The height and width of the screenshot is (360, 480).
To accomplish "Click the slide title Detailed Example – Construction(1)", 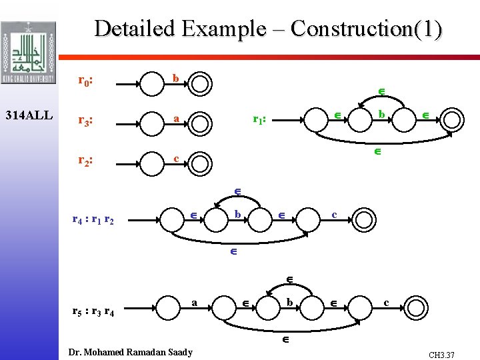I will pyautogui.click(x=268, y=29).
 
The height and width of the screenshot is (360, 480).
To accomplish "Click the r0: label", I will pyautogui.click(x=85, y=81).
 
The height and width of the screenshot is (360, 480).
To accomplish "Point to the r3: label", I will pyautogui.click(x=85, y=121).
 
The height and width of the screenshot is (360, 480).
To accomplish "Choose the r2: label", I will pyautogui.click(x=85, y=160).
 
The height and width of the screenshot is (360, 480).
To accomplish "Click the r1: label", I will pyautogui.click(x=260, y=120).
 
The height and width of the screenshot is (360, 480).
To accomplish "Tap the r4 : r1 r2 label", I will pyautogui.click(x=93, y=219).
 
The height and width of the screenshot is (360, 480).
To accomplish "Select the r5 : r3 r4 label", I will pyautogui.click(x=93, y=309).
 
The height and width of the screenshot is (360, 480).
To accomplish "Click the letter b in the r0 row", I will pyautogui.click(x=175, y=79).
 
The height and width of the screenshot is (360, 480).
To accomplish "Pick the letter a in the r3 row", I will pyautogui.click(x=175, y=118).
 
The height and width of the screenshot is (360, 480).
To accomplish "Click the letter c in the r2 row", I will pyautogui.click(x=175, y=158).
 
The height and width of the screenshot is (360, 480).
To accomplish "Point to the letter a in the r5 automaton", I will pyautogui.click(x=194, y=302).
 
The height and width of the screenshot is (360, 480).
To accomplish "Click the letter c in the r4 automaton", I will pyautogui.click(x=335, y=214).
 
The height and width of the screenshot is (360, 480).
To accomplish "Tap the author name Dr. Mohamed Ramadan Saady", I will pyautogui.click(x=131, y=352).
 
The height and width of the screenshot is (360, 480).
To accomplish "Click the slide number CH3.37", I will pyautogui.click(x=441, y=355).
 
